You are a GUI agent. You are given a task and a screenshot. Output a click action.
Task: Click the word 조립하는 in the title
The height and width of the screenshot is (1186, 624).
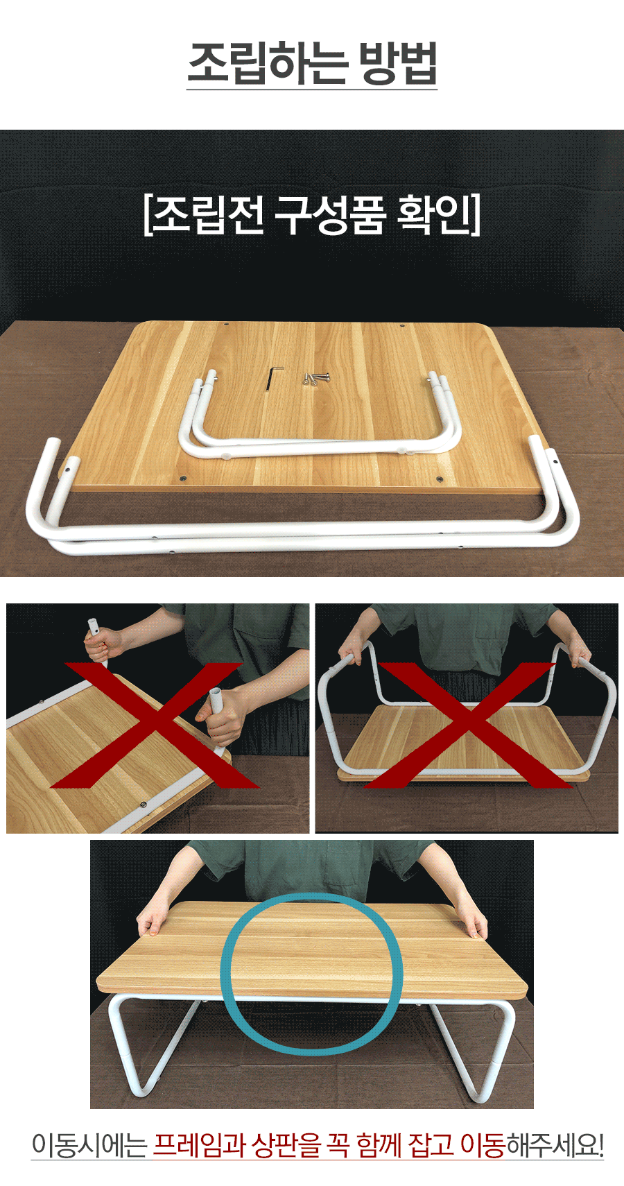tap(268, 64)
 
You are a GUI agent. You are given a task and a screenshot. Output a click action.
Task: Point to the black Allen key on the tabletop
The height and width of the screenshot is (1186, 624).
tap(273, 378)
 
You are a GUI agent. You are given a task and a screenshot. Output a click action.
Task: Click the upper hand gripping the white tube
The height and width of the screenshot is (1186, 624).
tap(103, 644)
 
